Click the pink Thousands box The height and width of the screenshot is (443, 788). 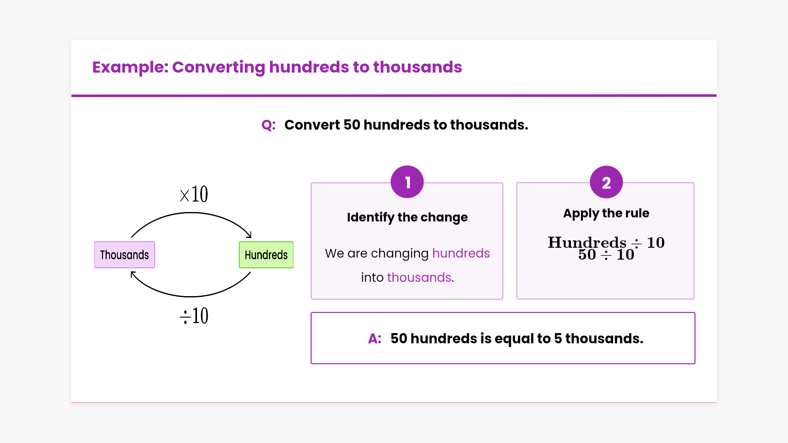[x=124, y=255]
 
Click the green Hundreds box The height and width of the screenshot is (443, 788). [x=266, y=255]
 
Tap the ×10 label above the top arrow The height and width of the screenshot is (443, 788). [x=194, y=194]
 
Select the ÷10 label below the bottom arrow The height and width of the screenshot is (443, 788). [x=194, y=316]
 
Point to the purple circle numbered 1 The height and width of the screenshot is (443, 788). [x=407, y=182]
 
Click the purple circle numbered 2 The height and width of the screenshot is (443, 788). [x=606, y=182]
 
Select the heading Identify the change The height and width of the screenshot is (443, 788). [x=407, y=217]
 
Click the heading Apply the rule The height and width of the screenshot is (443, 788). [x=606, y=213]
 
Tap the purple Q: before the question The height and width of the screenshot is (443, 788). [x=268, y=125]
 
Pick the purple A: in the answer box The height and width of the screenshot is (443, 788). [x=375, y=339]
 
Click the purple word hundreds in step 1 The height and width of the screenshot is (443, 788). [x=461, y=253]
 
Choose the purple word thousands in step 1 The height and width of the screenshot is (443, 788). [x=419, y=278]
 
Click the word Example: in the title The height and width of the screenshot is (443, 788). [x=131, y=67]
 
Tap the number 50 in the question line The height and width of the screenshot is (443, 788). [x=352, y=125]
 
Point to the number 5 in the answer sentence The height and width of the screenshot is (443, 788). [x=558, y=339]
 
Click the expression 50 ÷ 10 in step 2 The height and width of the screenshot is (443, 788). [x=606, y=255]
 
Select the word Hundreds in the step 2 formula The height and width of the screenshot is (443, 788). [x=587, y=242]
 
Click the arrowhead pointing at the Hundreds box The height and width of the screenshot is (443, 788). [x=249, y=235]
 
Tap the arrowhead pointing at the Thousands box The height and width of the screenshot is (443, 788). [x=133, y=274]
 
